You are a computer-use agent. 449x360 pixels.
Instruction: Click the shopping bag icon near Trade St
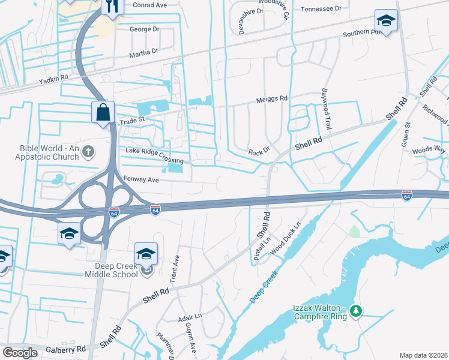(103, 112)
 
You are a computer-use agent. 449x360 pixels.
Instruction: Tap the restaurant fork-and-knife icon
(112, 6)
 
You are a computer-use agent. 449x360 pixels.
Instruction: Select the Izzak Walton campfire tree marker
(356, 310)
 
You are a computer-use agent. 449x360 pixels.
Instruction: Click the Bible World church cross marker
(88, 151)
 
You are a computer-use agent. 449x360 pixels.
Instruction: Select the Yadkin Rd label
(53, 78)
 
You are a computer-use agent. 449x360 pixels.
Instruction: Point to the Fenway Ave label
(141, 179)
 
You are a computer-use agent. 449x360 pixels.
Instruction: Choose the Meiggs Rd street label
(272, 98)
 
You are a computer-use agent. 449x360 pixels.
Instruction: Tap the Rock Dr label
(259, 152)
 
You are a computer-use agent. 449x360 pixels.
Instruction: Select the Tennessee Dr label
(321, 9)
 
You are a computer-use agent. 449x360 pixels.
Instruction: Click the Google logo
(20, 353)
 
